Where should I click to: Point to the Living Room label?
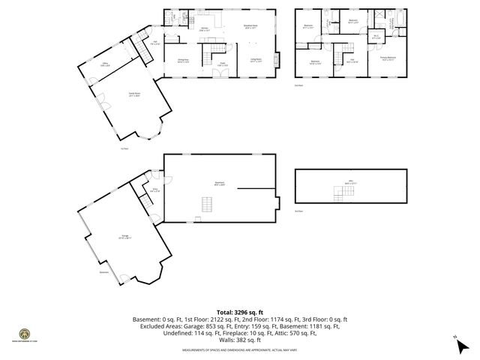click(255, 61)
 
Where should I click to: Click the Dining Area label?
click(182, 61)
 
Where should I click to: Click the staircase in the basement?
click(207, 203)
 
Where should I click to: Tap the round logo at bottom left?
click(23, 334)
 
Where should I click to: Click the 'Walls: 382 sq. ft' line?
click(240, 340)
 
